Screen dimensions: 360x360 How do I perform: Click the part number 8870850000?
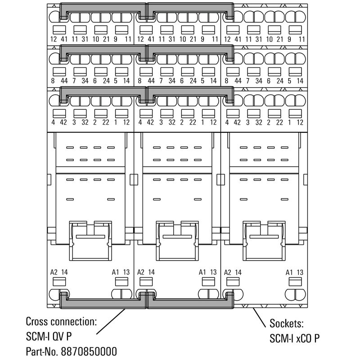coord(89,351)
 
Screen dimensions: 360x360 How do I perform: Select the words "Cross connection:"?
coord(61,321)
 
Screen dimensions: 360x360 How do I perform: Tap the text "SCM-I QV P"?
coord(49,337)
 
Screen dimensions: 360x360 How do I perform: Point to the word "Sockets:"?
coord(287,323)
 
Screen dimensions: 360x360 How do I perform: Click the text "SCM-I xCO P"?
coord(294,338)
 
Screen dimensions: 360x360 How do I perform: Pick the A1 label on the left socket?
coord(115,272)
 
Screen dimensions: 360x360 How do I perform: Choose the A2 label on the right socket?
coord(227,272)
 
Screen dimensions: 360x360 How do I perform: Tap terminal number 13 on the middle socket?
coord(213,272)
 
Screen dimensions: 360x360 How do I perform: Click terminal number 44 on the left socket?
coord(64,81)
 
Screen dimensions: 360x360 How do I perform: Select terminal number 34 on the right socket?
coord(259,81)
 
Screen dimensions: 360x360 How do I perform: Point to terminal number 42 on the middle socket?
coord(150,122)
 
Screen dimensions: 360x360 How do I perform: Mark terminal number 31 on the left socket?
coord(85,39)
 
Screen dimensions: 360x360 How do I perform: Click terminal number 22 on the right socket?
coord(279,122)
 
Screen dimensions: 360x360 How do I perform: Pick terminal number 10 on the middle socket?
coord(183,39)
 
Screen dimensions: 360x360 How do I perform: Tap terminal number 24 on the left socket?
coord(106,81)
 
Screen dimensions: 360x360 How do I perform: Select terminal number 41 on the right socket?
coord(238,39)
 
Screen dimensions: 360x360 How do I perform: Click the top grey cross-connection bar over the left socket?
coord(103,7)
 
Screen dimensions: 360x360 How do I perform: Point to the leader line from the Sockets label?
coord(260,318)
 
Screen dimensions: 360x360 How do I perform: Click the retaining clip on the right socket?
coord(264,241)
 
